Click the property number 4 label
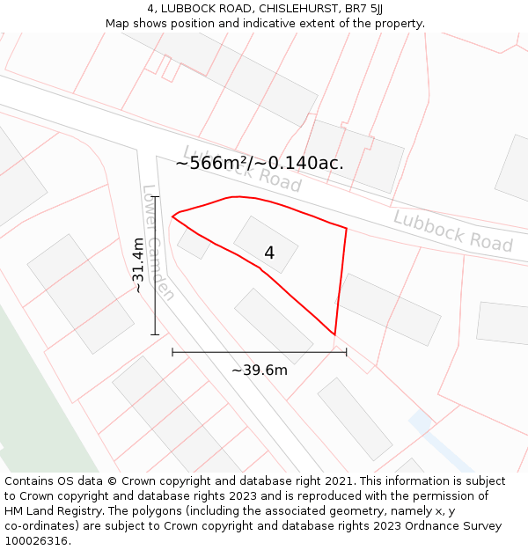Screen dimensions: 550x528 (x=269, y=253)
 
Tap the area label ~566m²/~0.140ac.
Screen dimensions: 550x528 (x=260, y=163)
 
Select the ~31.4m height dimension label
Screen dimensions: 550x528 (x=138, y=265)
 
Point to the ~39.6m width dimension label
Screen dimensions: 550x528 (x=260, y=370)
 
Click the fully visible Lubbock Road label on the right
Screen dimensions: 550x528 (x=452, y=231)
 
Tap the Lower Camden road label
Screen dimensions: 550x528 (x=158, y=242)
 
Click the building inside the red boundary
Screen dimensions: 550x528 (x=266, y=243)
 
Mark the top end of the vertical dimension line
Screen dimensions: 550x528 (x=156, y=197)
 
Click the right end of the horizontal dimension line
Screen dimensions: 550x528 (x=346, y=352)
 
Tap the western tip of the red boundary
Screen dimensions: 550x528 (x=172, y=216)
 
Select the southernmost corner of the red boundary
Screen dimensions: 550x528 (x=334, y=334)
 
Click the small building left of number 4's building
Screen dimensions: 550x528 (x=194, y=242)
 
